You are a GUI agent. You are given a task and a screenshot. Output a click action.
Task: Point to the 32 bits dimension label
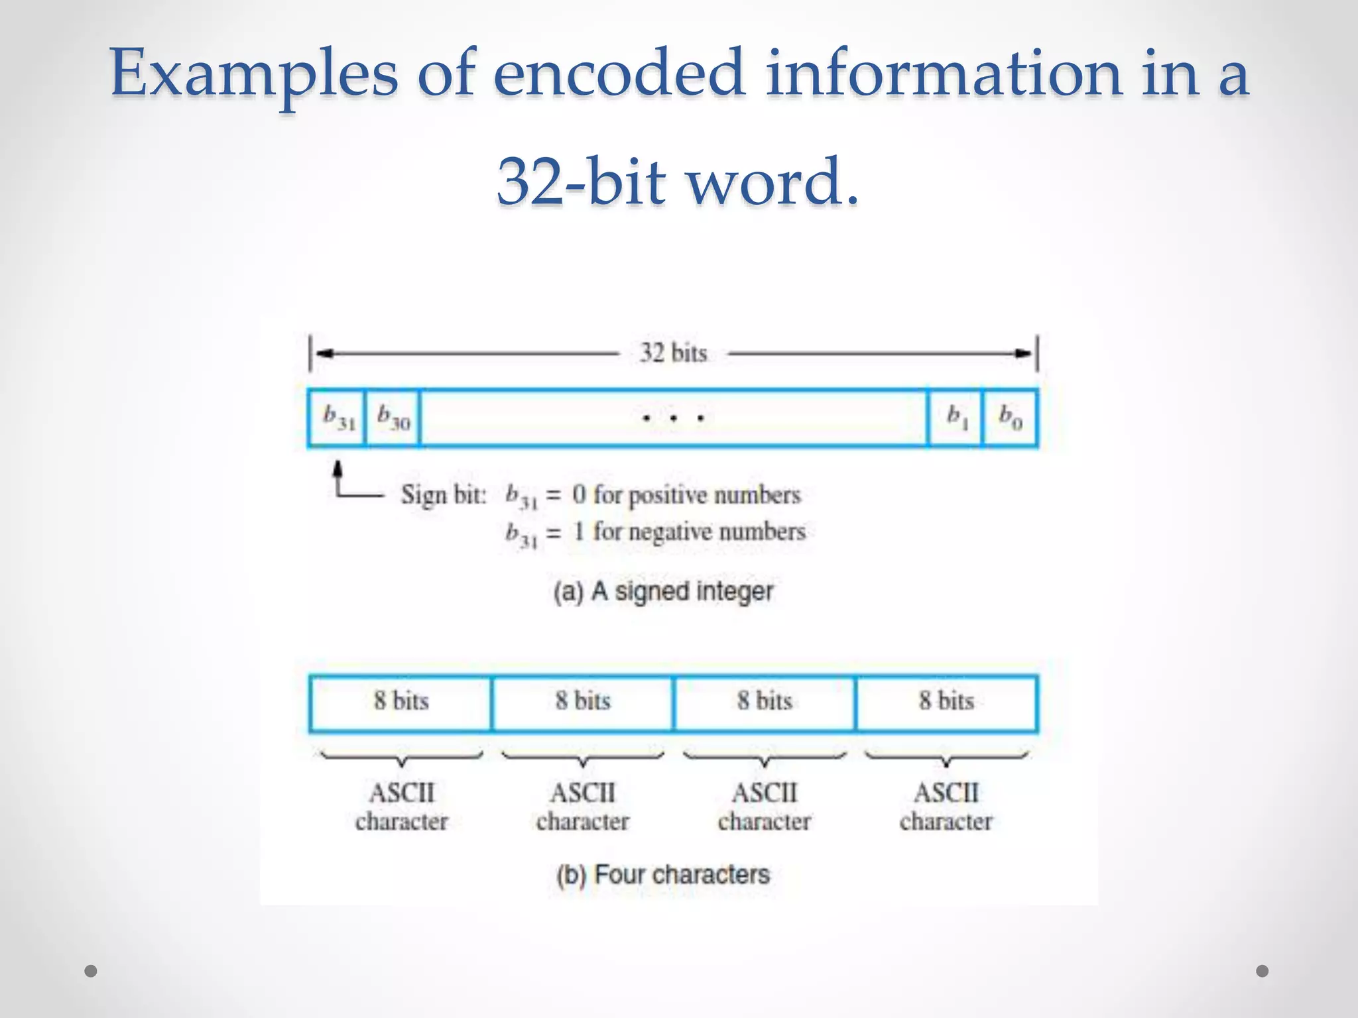(x=673, y=353)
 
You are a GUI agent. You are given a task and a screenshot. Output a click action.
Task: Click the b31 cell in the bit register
(x=338, y=418)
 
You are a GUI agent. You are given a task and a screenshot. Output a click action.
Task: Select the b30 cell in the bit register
(x=393, y=418)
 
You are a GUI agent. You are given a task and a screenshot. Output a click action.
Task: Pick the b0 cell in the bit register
(x=1010, y=418)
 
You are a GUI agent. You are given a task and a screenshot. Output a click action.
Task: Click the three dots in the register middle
(x=673, y=418)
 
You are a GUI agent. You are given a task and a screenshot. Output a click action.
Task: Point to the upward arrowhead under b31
(x=338, y=468)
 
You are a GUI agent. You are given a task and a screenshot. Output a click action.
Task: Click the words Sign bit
(x=443, y=495)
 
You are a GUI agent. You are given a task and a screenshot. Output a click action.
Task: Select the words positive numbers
(x=715, y=495)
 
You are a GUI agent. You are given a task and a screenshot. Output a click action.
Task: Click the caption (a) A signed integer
(x=664, y=591)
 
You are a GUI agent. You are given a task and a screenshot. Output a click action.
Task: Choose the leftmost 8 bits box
(x=401, y=703)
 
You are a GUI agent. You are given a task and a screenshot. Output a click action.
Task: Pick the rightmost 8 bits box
(x=946, y=703)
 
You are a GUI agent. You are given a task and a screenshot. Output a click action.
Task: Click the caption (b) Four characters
(x=663, y=875)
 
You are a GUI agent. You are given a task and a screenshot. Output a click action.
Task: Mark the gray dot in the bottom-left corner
(x=91, y=971)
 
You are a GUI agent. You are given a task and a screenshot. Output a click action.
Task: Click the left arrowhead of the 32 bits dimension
(x=324, y=353)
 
